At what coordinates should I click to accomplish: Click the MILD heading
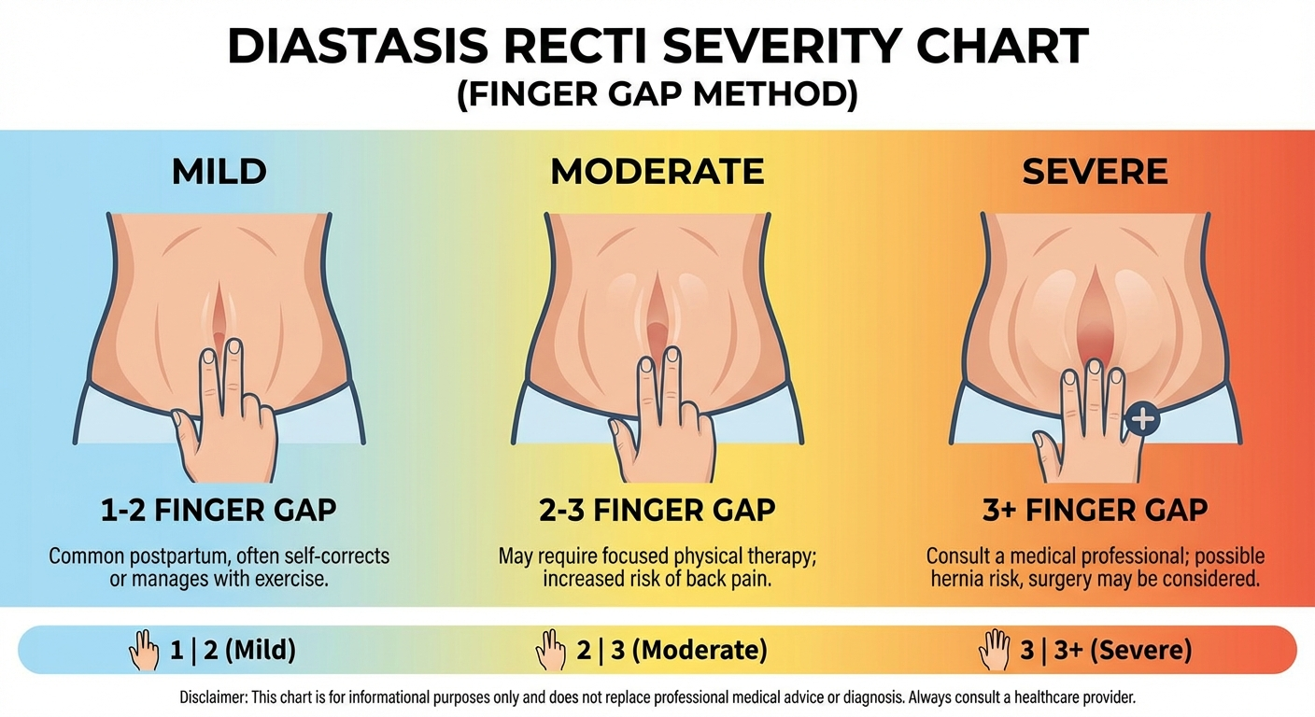pyautogui.click(x=219, y=172)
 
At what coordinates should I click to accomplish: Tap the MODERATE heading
pyautogui.click(x=657, y=172)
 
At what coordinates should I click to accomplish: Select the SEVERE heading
pyautogui.click(x=1095, y=172)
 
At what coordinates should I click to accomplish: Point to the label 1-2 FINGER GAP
pyautogui.click(x=219, y=510)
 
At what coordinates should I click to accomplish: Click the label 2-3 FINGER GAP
pyautogui.click(x=657, y=510)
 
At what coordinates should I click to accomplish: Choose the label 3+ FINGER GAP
pyautogui.click(x=1095, y=510)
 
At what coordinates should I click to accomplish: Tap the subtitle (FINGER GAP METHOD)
pyautogui.click(x=657, y=96)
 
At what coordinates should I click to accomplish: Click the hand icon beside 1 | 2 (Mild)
pyautogui.click(x=145, y=649)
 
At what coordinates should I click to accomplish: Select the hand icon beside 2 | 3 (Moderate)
pyautogui.click(x=551, y=649)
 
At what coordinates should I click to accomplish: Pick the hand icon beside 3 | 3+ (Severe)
pyautogui.click(x=993, y=649)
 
